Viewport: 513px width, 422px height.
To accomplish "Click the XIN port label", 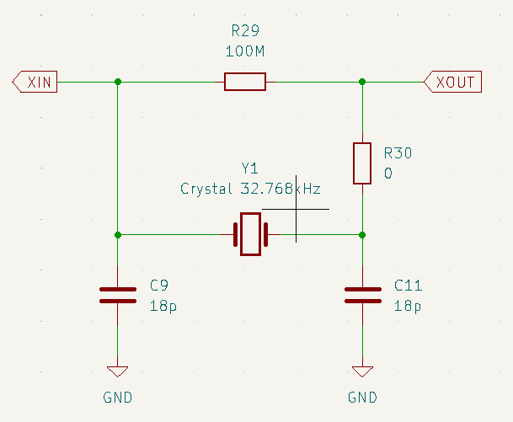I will tap(35, 82).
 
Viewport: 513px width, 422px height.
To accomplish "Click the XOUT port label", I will tap(453, 82).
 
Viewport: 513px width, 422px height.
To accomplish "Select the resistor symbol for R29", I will tap(245, 82).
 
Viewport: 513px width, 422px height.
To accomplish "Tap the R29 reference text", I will tap(246, 31).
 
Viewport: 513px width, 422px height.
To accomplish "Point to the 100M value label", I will tap(246, 51).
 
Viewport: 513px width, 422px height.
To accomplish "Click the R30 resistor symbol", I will tap(362, 163).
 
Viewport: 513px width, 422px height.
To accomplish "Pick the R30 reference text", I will tap(398, 153).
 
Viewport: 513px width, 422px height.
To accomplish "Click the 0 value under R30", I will tap(388, 174).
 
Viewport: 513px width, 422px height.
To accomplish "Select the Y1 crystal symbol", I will tap(250, 234).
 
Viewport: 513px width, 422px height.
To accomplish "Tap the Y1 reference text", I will tap(250, 168).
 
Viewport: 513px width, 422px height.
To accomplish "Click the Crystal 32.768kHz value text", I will tap(250, 189).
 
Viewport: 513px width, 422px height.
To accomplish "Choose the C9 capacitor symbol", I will tap(117, 294).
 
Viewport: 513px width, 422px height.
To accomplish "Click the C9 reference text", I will tap(159, 285).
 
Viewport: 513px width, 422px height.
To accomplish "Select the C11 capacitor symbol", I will tap(362, 294).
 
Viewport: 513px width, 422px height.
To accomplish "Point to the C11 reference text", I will tap(409, 285).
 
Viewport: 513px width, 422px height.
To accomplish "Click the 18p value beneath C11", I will tap(409, 305).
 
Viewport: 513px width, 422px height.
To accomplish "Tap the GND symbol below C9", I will tap(117, 371).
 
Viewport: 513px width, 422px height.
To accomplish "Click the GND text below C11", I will tap(362, 397).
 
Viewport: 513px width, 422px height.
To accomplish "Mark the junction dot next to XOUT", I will tap(362, 82).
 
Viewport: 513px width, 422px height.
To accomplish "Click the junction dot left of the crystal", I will tap(117, 234).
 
